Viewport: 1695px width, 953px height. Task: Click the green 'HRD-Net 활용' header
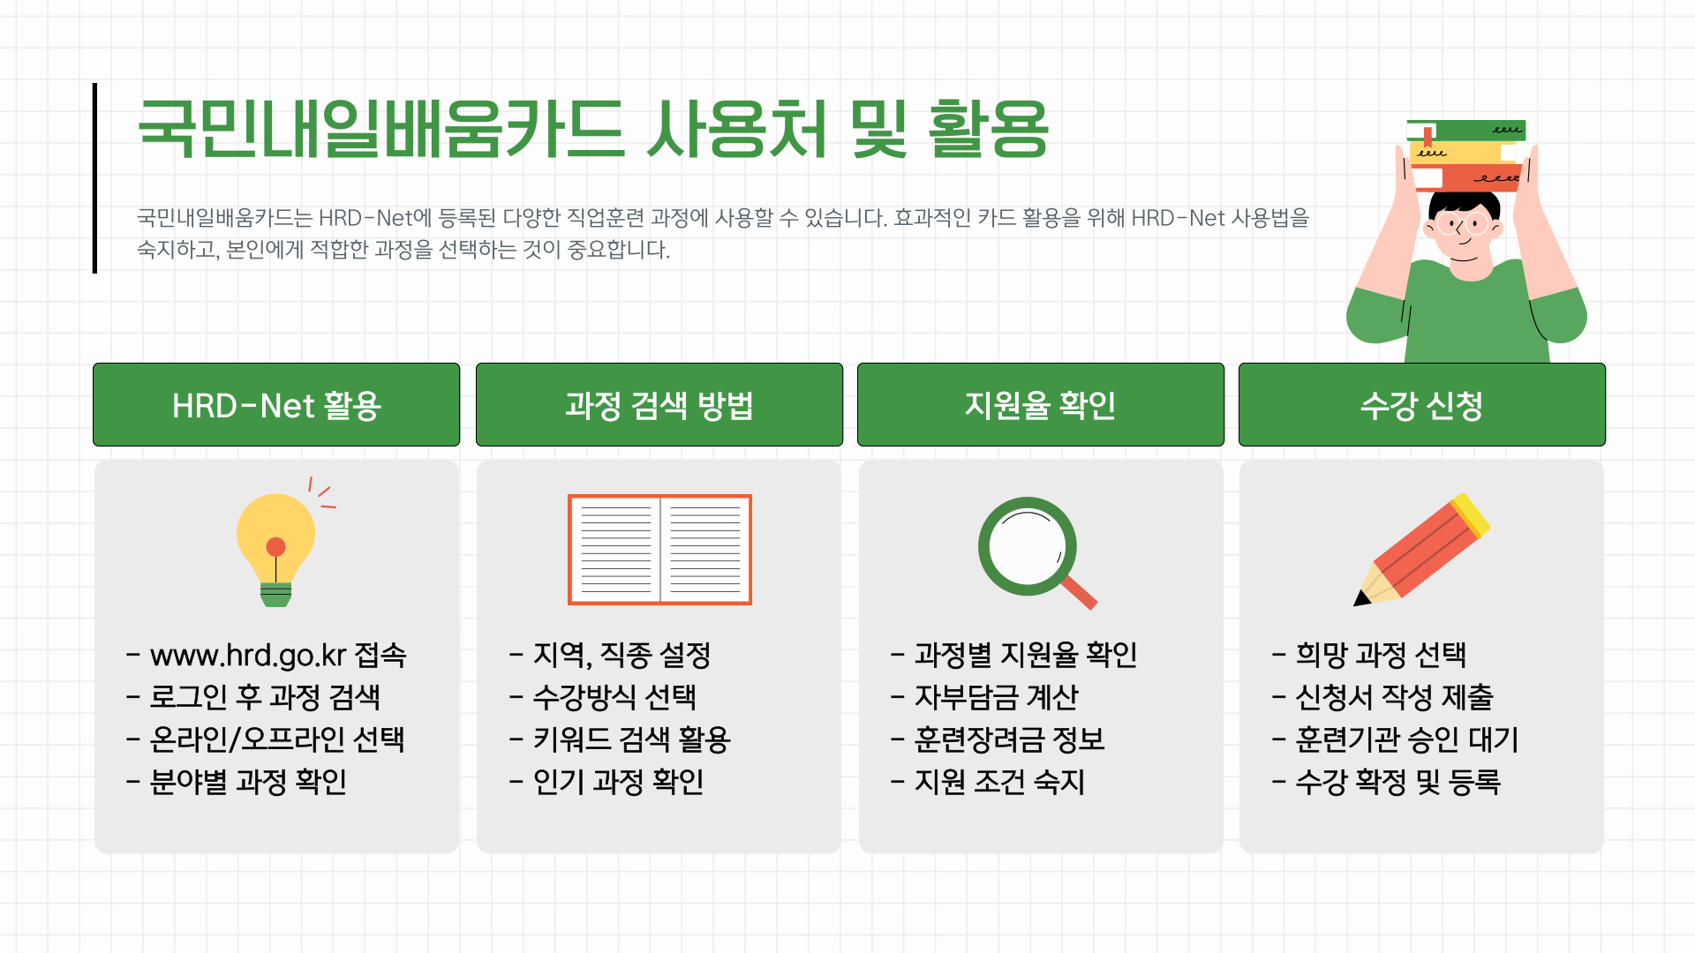276,405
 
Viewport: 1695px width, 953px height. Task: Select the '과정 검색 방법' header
659,405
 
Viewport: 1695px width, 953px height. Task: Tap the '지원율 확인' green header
1040,405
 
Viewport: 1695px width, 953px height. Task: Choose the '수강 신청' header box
1421,405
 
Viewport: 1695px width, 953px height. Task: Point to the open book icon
659,549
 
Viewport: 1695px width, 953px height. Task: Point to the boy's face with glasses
1464,231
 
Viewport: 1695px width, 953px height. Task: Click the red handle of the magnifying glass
1080,592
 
